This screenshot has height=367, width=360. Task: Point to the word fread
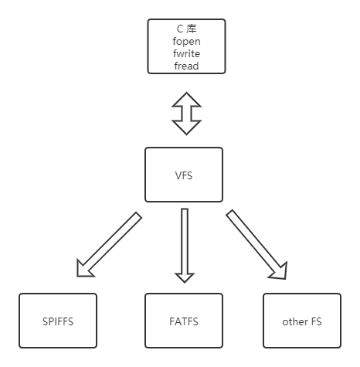coord(186,66)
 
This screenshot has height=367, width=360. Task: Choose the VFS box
coord(185,175)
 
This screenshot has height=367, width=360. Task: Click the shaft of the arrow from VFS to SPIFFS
coord(116,240)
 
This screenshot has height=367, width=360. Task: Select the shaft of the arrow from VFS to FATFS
coord(185,236)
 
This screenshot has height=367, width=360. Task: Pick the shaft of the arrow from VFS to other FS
coord(251,239)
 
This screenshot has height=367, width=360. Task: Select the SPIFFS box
coord(58,321)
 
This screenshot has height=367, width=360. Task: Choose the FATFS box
coord(185,321)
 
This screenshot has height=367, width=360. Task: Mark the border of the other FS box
coord(264,321)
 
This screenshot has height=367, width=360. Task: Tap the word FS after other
coord(317,321)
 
